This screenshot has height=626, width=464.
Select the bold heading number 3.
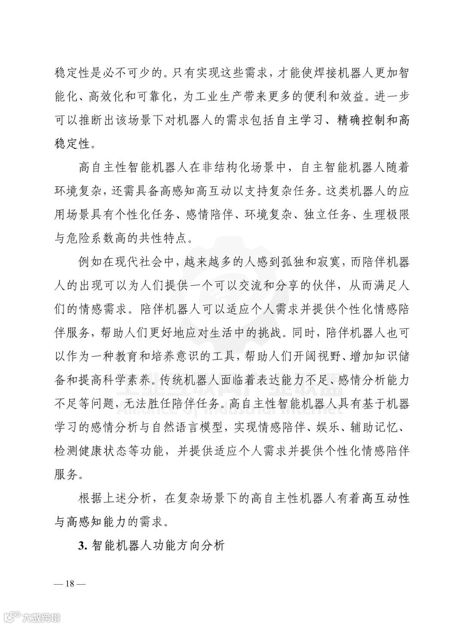tap(82, 546)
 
